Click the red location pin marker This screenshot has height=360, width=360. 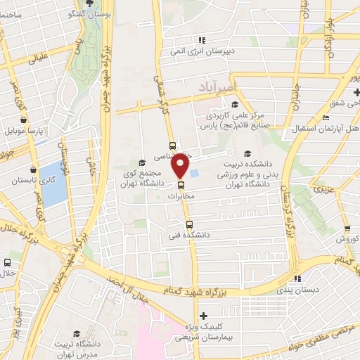coord(181,167)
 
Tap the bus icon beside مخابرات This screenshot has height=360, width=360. coord(181,186)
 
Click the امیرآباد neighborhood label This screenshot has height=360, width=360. coord(213,84)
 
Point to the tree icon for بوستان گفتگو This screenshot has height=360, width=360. coord(90,13)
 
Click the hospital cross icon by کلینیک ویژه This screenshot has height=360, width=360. coord(203,316)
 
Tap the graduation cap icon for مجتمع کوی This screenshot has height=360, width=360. coord(142,162)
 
